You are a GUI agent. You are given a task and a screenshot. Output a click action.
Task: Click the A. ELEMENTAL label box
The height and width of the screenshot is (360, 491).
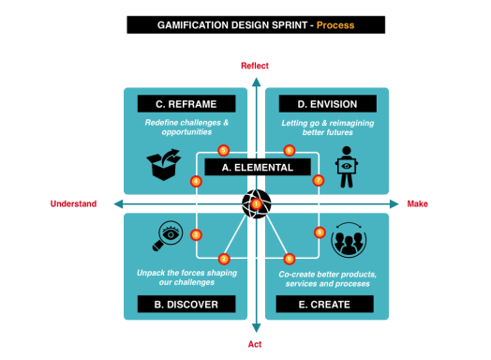(x=257, y=167)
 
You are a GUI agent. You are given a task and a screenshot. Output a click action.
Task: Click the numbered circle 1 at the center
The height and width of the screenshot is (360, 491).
(x=256, y=203)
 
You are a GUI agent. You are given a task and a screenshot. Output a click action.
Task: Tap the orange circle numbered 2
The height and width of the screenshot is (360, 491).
(x=224, y=258)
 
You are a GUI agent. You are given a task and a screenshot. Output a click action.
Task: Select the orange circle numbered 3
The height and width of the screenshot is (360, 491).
(x=196, y=234)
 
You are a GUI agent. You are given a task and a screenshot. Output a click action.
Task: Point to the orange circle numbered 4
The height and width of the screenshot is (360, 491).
(x=196, y=181)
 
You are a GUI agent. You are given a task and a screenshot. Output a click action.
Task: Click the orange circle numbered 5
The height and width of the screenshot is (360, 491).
(x=223, y=150)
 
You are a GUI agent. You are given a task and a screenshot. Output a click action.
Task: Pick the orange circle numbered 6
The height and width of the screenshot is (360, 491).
(x=289, y=150)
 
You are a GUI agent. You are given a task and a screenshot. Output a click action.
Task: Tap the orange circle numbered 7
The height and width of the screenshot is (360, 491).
(x=319, y=180)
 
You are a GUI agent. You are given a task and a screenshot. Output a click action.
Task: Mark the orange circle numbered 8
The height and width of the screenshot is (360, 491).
(x=320, y=232)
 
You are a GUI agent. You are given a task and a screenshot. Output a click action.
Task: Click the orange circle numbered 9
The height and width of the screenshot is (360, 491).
(x=289, y=258)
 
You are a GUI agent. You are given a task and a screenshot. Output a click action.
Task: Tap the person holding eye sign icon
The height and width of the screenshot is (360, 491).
(x=346, y=166)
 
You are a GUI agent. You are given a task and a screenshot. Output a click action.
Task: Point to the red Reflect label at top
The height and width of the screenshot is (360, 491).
(x=255, y=66)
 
